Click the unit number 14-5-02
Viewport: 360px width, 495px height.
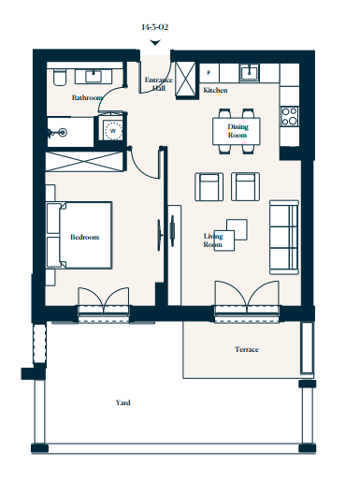pyautogui.click(x=154, y=27)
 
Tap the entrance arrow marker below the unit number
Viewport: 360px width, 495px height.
pyautogui.click(x=155, y=42)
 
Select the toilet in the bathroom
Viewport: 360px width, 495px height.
pyautogui.click(x=60, y=78)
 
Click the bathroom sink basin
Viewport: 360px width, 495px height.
pyautogui.click(x=94, y=77)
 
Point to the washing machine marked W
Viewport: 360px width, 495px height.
pyautogui.click(x=112, y=130)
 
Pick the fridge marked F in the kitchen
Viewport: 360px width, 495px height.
pyautogui.click(x=209, y=73)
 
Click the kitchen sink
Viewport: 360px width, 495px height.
pyautogui.click(x=250, y=73)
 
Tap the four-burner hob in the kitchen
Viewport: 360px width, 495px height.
pyautogui.click(x=290, y=116)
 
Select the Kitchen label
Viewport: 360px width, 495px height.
pyautogui.click(x=215, y=90)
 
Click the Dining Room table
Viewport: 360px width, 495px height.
pyautogui.click(x=237, y=131)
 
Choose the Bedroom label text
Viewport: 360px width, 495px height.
pyautogui.click(x=84, y=237)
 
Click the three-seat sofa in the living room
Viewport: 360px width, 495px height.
pyautogui.click(x=284, y=238)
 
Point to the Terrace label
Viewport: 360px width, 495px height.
pyautogui.click(x=247, y=349)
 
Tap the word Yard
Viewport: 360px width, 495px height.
pyautogui.click(x=123, y=402)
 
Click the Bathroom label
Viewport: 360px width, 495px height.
pyautogui.click(x=87, y=97)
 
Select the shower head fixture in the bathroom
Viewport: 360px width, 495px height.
pyautogui.click(x=58, y=133)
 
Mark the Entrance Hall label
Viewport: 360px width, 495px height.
pyautogui.click(x=159, y=84)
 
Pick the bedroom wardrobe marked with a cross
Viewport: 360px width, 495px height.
pyautogui.click(x=84, y=162)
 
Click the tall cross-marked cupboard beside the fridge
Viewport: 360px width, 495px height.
pyautogui.click(x=185, y=79)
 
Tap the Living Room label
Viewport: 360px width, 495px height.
pyautogui.click(x=213, y=240)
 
